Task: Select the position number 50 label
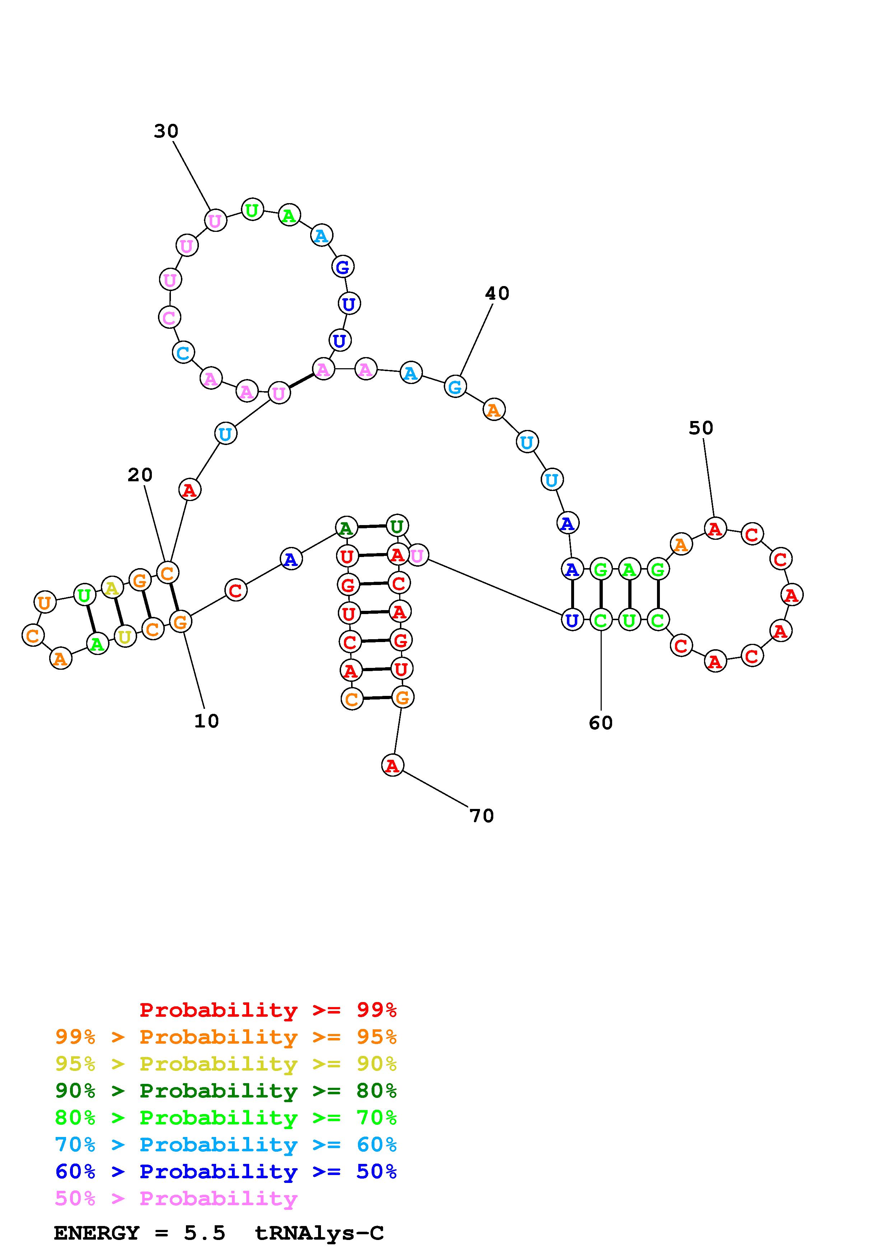point(701,428)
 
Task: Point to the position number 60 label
point(601,723)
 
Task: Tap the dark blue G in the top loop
point(343,267)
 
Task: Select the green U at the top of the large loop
point(252,210)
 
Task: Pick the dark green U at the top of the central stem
point(396,526)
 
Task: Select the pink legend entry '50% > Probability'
point(176,1199)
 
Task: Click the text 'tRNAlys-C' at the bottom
point(319,1233)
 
